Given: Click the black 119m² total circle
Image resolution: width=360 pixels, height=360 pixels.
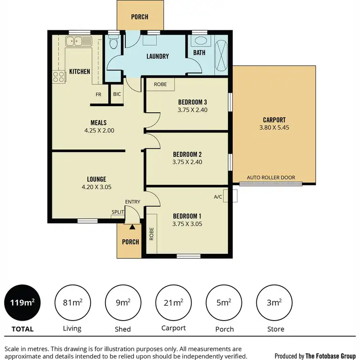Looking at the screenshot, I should click(x=23, y=302).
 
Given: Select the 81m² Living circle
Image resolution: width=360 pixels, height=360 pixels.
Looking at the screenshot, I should click(x=72, y=302).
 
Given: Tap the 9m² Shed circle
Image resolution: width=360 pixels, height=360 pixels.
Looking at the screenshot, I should click(x=123, y=302).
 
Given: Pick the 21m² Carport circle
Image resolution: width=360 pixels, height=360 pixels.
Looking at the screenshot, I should click(x=173, y=302).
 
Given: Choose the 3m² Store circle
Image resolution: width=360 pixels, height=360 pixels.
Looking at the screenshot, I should click(x=274, y=302).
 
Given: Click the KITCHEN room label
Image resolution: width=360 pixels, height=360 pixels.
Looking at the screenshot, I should click(x=80, y=72).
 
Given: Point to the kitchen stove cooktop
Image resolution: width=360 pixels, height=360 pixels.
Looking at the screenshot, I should click(x=59, y=77).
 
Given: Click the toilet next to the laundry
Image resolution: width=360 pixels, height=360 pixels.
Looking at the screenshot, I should click(x=113, y=44).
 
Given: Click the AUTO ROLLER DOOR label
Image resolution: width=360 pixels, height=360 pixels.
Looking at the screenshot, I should click(x=268, y=178).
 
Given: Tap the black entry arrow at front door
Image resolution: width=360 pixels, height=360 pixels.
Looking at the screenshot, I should click(x=132, y=220).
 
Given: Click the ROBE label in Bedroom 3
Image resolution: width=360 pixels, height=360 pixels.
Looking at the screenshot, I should click(x=160, y=84).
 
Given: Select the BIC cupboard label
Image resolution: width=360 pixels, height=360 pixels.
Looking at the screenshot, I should click(x=117, y=94).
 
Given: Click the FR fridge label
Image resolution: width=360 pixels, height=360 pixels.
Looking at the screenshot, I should click(x=98, y=94).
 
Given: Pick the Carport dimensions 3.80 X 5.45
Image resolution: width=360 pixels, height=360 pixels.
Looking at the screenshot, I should click(x=274, y=128).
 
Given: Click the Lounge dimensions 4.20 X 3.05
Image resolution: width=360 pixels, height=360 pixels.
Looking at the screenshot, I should click(x=96, y=187).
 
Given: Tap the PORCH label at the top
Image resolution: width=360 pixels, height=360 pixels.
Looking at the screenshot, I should click(x=140, y=17).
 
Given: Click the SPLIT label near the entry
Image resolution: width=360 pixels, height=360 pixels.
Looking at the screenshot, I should click(x=118, y=212).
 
